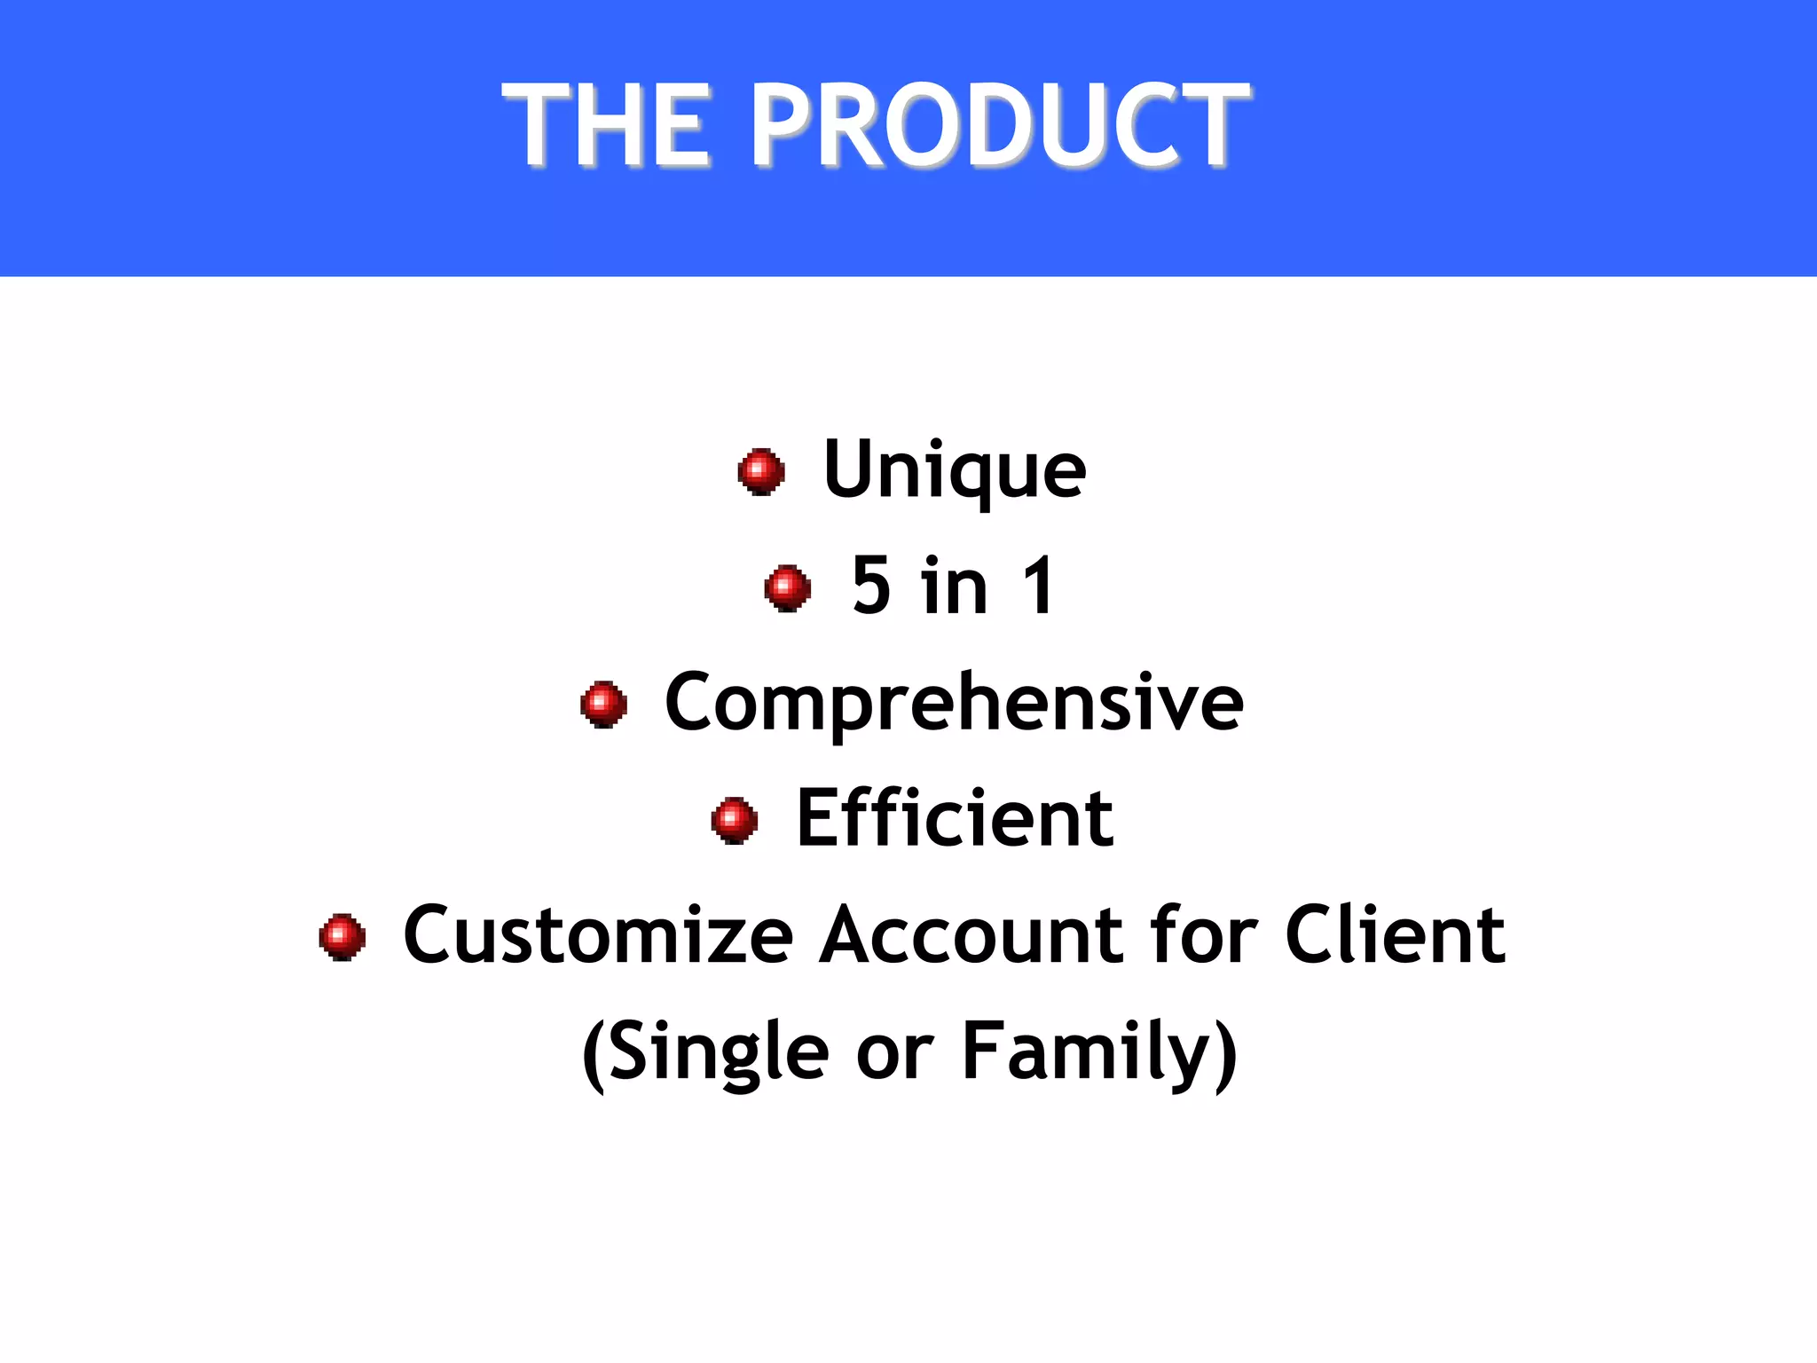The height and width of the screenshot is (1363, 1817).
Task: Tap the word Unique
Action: click(x=955, y=470)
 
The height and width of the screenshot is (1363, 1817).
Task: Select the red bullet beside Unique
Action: click(x=761, y=470)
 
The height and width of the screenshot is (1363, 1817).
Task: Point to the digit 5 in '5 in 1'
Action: click(x=871, y=586)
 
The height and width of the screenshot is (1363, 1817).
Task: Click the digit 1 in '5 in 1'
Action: click(x=1039, y=586)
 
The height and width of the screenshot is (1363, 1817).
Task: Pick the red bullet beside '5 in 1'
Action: click(x=788, y=587)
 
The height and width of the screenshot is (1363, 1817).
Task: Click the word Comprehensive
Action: click(x=955, y=703)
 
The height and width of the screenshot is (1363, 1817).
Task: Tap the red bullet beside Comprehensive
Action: click(x=604, y=704)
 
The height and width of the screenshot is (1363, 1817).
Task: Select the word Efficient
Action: click(x=955, y=818)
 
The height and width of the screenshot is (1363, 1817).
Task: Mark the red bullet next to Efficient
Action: click(x=735, y=820)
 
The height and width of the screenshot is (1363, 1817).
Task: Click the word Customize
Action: click(x=599, y=935)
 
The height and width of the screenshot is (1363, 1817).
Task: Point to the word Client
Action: click(x=1395, y=935)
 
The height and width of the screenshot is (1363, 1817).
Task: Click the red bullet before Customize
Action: click(x=342, y=936)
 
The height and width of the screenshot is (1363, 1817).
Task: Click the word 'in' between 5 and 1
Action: click(x=954, y=586)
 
